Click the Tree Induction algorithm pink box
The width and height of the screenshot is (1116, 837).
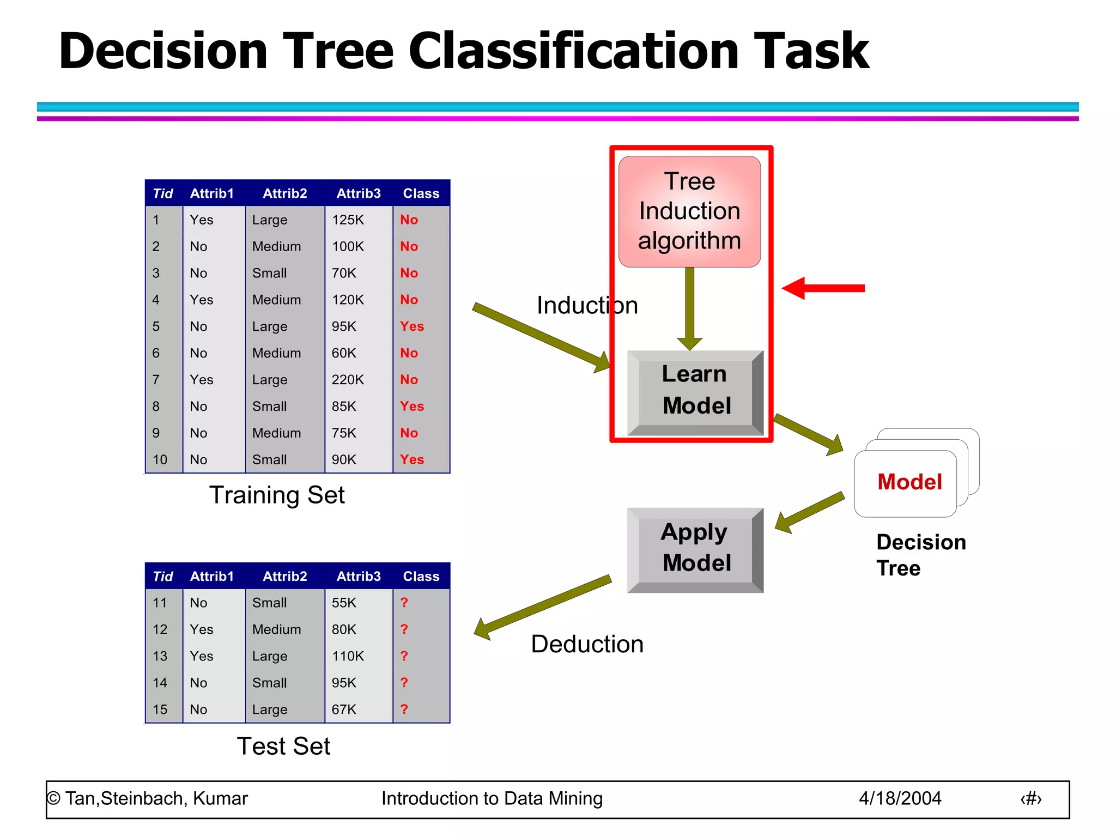pos(689,211)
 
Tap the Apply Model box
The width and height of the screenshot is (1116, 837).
pos(695,548)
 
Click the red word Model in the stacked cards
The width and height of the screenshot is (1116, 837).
pos(909,482)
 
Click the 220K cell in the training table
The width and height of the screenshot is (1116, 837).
pos(348,380)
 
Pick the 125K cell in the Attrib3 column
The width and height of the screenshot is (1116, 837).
pos(348,220)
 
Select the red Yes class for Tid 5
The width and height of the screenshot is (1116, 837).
pos(411,326)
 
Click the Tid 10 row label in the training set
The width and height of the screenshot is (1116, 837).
pos(160,460)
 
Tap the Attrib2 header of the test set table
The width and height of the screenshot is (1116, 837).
pos(284,577)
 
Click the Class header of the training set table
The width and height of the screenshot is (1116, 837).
pos(421,194)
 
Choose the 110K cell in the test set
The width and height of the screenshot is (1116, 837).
pos(348,656)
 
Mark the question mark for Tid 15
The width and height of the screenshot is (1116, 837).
pos(404,709)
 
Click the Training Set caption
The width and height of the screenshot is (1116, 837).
pos(277,495)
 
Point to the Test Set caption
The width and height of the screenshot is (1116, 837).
pos(283,747)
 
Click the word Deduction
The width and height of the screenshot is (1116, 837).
pos(587,644)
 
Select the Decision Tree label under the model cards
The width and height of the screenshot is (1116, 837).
pos(920,555)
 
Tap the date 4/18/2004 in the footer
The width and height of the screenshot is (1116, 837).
pos(900,799)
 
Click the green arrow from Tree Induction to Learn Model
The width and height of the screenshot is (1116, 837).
pos(689,308)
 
